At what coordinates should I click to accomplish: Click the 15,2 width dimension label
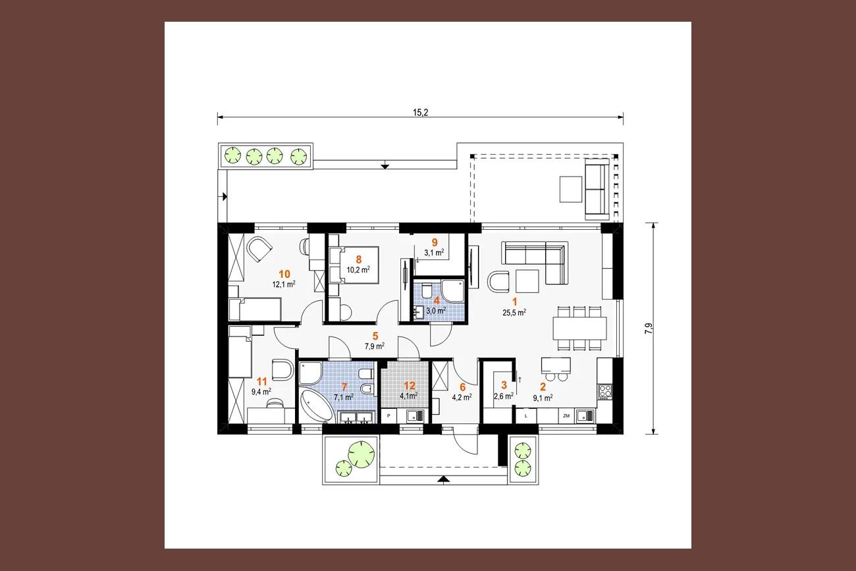click(420, 113)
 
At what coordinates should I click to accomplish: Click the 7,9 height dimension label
click(649, 329)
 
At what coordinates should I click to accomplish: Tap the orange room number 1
click(514, 302)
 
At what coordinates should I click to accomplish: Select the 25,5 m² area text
click(514, 312)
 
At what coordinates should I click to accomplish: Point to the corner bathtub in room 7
click(317, 405)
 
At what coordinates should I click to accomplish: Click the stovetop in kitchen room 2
click(605, 391)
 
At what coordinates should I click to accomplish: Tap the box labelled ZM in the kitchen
click(566, 416)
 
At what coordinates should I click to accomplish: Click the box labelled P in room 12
click(388, 416)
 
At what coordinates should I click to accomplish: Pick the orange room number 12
click(410, 386)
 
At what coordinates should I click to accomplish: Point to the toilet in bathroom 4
click(427, 291)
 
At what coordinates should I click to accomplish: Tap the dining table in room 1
click(579, 328)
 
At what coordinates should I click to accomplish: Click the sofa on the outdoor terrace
click(597, 189)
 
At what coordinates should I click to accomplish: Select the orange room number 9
click(435, 242)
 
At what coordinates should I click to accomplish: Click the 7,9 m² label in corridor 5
click(375, 346)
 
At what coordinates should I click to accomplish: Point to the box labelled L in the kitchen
click(526, 416)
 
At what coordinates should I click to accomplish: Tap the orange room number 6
click(462, 387)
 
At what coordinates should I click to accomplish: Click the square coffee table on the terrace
click(571, 189)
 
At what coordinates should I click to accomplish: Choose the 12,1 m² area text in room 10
click(284, 284)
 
